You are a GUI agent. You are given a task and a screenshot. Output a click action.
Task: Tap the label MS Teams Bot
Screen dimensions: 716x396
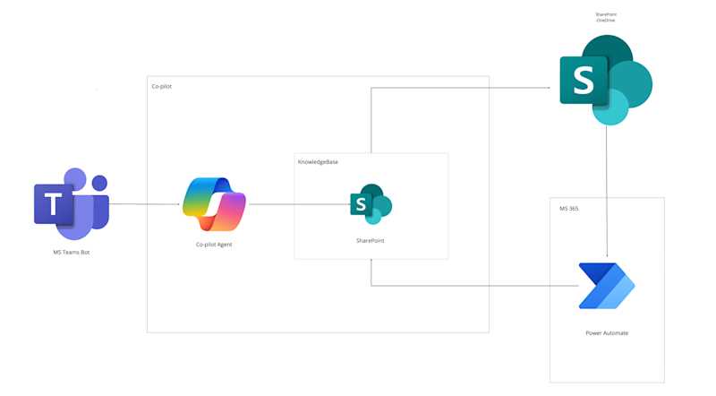72,253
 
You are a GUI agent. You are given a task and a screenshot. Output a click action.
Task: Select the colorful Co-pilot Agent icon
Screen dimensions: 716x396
214,204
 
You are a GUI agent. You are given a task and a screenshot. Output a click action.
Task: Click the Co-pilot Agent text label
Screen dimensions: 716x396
214,244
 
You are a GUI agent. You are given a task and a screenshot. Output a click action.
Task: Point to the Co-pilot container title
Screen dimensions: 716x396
161,86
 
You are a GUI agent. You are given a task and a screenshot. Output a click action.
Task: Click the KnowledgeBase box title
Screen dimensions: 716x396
318,162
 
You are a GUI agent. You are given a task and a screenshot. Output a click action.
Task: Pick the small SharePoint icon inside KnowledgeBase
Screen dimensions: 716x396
371,204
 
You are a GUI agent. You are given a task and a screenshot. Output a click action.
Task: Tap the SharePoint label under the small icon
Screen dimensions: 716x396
371,241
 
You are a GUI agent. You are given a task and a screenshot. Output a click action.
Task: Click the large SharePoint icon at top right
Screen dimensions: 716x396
605,80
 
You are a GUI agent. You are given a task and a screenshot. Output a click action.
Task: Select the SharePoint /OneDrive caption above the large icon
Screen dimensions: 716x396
606,17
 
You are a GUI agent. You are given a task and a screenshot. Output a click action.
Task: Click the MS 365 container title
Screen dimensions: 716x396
569,208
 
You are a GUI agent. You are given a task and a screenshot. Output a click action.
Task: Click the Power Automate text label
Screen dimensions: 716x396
607,332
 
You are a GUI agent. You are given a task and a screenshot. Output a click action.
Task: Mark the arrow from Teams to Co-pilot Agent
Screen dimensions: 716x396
148,204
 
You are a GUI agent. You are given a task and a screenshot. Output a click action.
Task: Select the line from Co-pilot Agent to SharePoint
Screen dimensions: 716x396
300,204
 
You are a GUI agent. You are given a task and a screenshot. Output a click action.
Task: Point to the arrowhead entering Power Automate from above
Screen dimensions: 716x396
608,256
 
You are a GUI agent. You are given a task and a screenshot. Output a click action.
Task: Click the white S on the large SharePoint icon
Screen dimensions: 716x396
584,80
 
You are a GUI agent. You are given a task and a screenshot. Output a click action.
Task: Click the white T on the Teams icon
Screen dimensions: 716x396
55,205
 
